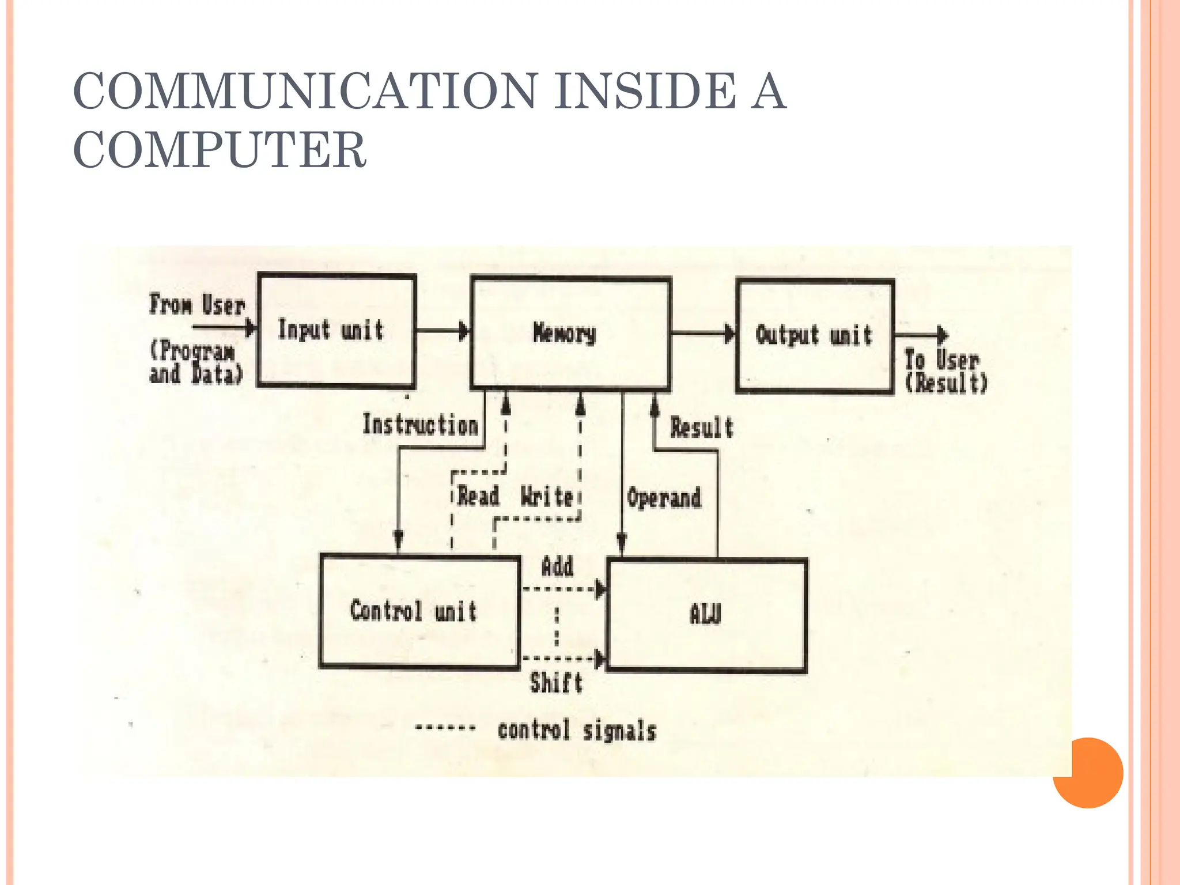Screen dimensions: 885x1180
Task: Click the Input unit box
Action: point(336,330)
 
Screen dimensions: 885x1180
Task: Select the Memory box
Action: point(570,333)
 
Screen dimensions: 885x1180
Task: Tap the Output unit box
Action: point(815,336)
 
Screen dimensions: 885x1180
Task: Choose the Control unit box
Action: point(419,611)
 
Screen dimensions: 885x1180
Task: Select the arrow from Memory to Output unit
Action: point(703,334)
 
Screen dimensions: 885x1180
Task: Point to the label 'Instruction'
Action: point(420,425)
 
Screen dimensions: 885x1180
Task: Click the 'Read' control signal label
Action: point(478,496)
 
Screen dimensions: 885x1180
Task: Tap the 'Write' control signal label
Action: point(546,496)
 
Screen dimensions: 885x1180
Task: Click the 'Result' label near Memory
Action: point(701,428)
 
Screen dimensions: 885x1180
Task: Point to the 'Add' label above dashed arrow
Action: point(557,567)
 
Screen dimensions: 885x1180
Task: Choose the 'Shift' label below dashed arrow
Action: point(556,683)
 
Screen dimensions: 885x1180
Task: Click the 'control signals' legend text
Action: point(577,731)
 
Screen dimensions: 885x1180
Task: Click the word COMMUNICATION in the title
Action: point(305,91)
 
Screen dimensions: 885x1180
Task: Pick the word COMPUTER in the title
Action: point(220,149)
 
